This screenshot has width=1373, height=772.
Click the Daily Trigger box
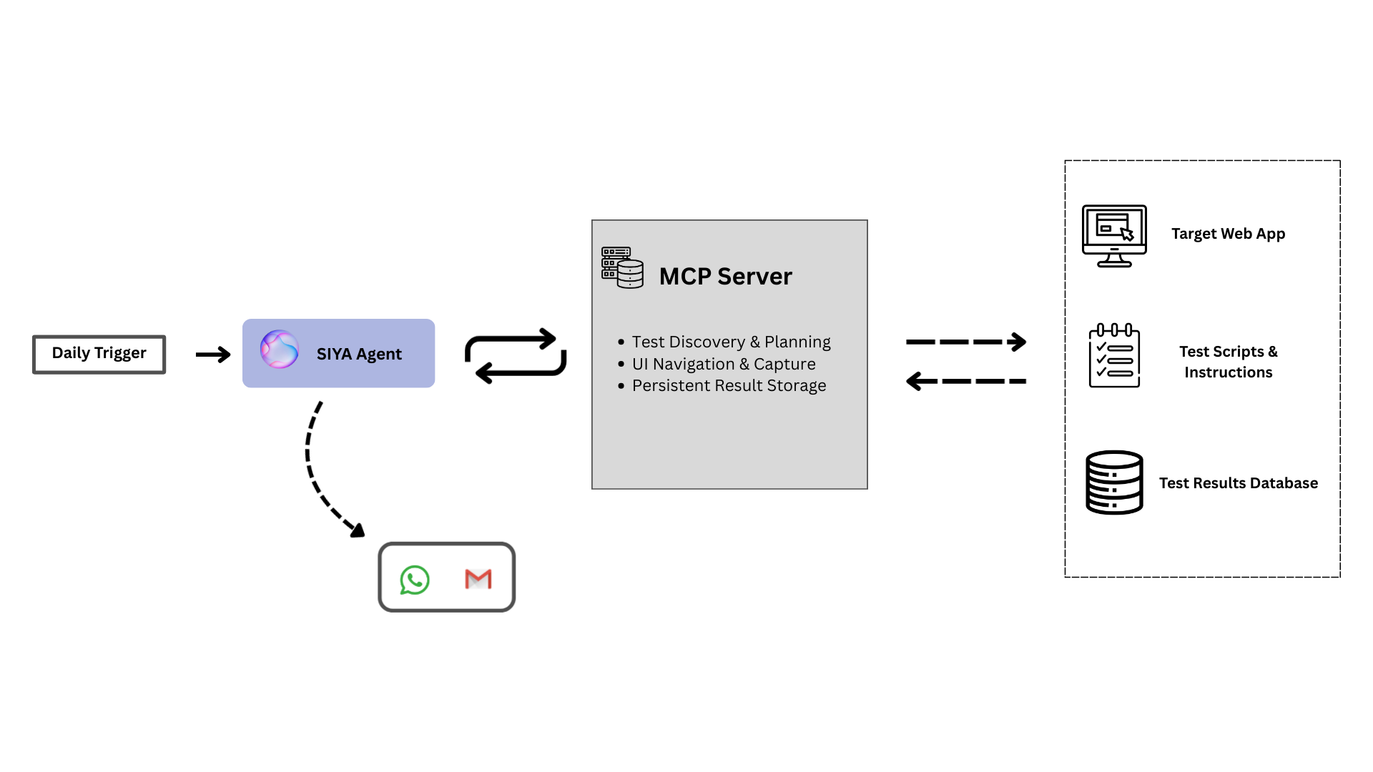pos(99,354)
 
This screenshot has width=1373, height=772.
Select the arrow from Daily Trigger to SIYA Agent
pos(213,355)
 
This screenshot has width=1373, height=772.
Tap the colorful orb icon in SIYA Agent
pos(279,350)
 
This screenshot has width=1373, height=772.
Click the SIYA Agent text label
pos(359,354)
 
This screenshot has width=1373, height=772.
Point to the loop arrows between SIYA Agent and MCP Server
pos(515,355)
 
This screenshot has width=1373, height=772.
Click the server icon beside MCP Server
pos(622,267)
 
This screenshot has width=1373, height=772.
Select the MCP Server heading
pos(725,276)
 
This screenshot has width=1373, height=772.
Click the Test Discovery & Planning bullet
pos(731,342)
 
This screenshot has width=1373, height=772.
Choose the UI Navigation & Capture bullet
pos(723,364)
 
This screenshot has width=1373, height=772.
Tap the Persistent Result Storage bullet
pos(729,386)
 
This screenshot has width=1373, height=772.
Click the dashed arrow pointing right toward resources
pos(965,342)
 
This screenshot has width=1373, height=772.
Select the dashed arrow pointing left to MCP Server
pos(965,381)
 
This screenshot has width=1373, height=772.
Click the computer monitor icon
pos(1114,235)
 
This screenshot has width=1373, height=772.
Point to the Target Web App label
pos(1228,234)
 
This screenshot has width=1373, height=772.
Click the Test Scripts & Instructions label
pos(1228,362)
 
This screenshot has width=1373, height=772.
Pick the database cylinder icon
pos(1114,482)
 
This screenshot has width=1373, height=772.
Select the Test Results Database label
pos(1238,483)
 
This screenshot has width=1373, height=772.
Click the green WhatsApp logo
pos(415,580)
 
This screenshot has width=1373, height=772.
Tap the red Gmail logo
pos(478,579)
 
